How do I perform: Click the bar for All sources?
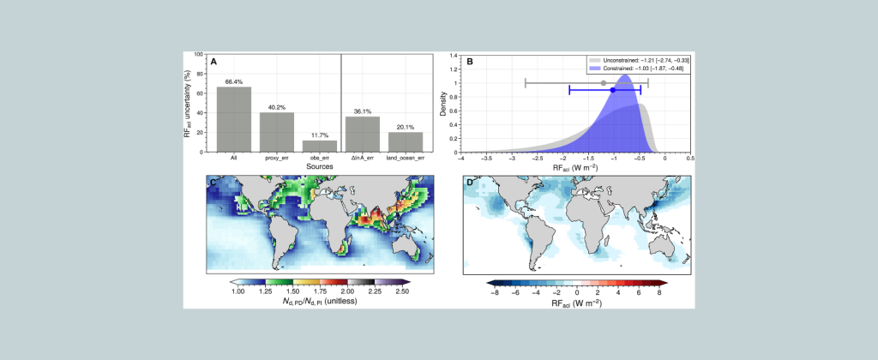pos(234,119)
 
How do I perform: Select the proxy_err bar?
pos(277,132)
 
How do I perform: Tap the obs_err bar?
pos(320,146)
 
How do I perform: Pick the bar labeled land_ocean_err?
pos(406,141)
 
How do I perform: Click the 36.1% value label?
pos(363,111)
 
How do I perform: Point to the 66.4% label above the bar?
pos(234,81)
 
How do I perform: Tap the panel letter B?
pos(469,62)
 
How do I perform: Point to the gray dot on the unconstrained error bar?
pos(604,82)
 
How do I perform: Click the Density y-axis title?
pos(444,104)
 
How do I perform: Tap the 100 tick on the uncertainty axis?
pos(200,55)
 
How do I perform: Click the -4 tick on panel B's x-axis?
pos(461,158)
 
